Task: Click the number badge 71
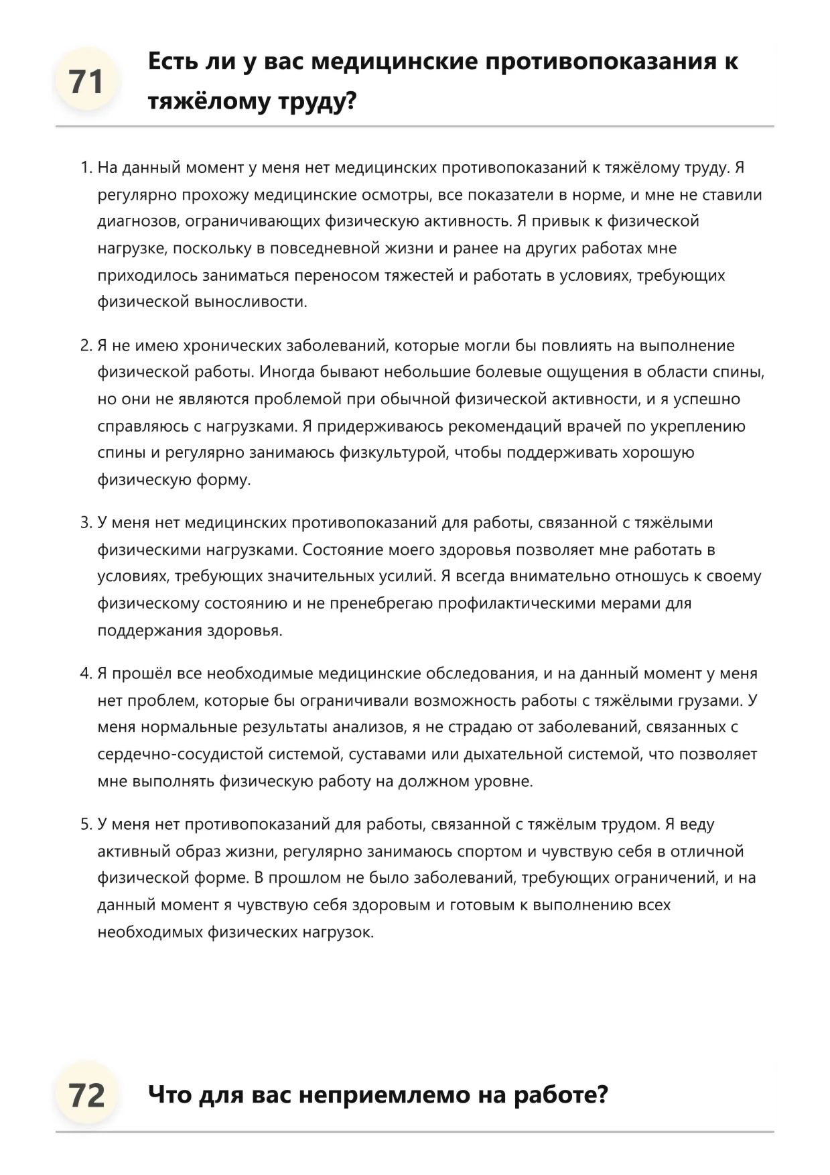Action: coord(86,82)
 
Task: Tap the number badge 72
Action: coord(86,1095)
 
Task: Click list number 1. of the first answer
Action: coord(86,168)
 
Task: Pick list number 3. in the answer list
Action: coord(86,523)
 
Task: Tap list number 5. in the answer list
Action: coord(86,824)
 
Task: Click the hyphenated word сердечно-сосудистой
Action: coord(180,754)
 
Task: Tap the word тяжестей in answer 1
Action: coord(419,275)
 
